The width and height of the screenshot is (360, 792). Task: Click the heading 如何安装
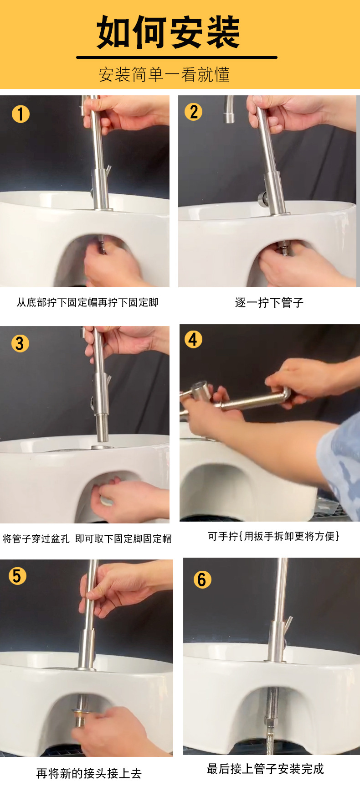(168, 32)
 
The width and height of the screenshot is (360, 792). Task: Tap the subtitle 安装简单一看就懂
(164, 74)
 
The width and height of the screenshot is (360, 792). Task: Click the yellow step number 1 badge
(21, 114)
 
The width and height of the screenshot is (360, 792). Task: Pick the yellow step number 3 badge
(20, 343)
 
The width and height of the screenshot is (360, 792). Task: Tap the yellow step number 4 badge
(193, 339)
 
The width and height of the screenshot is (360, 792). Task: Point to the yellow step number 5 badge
(17, 576)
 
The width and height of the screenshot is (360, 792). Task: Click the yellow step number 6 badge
(202, 580)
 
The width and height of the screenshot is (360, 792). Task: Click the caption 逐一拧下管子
(269, 303)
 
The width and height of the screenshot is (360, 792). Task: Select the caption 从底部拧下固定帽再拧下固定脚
(87, 302)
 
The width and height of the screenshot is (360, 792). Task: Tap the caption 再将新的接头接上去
(89, 773)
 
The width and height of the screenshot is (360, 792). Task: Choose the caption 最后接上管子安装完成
(265, 769)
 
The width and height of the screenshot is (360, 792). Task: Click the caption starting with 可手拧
(273, 536)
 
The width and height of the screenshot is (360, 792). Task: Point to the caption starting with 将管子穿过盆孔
(87, 538)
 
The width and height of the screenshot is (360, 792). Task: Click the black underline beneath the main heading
(177, 57)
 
